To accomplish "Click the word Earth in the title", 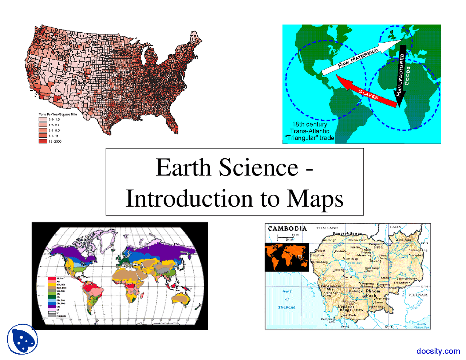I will (x=183, y=168).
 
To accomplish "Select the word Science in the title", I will (x=258, y=168).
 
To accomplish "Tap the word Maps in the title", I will (x=315, y=199).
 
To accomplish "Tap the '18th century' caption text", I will (x=309, y=124).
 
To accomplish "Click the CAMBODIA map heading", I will (x=287, y=229).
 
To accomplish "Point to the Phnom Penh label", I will (x=373, y=293).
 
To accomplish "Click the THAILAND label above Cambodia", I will (x=327, y=228).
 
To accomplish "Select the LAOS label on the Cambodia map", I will (x=395, y=227).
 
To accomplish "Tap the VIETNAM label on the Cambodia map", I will (x=418, y=294).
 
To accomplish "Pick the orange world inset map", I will (x=287, y=257).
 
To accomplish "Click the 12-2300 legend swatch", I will (x=43, y=141).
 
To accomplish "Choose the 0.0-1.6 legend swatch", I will (x=43, y=119).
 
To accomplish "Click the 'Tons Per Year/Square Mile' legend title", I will (x=58, y=114).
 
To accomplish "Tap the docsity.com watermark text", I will (x=438, y=351).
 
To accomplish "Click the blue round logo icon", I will (x=23, y=339).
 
